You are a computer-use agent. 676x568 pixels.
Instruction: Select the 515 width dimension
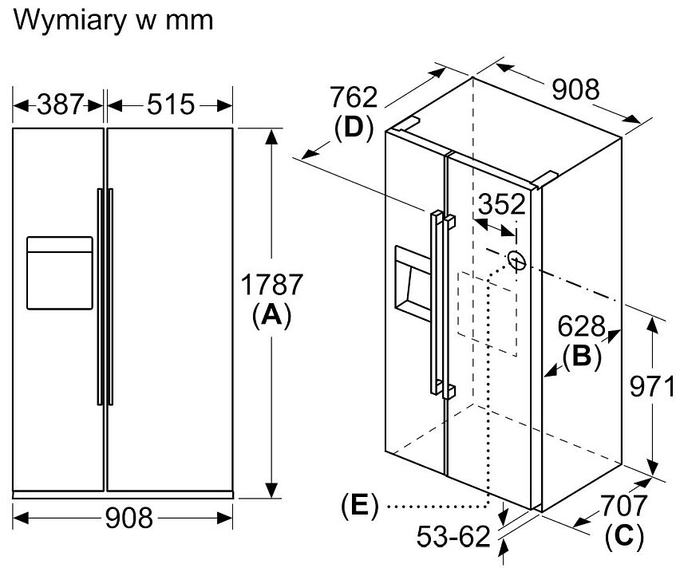click(x=169, y=105)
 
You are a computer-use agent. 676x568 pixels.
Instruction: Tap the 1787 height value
click(x=272, y=285)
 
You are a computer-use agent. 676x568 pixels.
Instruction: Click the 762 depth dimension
click(x=353, y=98)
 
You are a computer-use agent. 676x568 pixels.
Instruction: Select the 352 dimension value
click(x=500, y=205)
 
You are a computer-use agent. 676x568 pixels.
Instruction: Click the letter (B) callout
click(x=582, y=356)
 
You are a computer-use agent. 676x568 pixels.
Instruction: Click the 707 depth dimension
click(x=623, y=506)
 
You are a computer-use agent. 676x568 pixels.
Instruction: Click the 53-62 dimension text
click(x=453, y=538)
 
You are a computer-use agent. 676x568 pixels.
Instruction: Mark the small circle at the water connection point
click(x=516, y=260)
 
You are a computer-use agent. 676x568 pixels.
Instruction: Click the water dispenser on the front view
click(x=60, y=272)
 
